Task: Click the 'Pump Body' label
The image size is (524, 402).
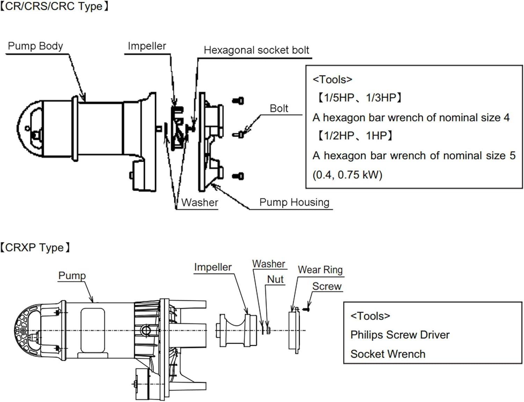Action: (x=35, y=46)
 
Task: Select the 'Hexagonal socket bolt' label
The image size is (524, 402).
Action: (x=256, y=50)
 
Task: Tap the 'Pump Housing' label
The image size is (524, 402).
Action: (x=294, y=202)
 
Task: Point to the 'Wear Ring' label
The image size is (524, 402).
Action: (x=320, y=270)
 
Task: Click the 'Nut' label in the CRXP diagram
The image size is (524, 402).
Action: (x=275, y=279)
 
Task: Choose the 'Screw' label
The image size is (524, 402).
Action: (x=327, y=286)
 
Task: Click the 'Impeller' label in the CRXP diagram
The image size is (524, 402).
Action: (x=213, y=267)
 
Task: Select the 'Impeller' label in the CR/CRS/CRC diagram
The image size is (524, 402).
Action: (x=147, y=46)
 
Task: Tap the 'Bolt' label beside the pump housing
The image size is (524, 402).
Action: (x=279, y=109)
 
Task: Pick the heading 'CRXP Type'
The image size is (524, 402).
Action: (x=35, y=248)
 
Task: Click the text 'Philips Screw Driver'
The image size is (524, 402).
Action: (x=400, y=335)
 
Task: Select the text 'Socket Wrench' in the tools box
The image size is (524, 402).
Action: (x=388, y=354)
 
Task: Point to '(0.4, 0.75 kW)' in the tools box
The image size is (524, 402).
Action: (x=347, y=175)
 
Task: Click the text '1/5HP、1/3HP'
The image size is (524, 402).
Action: (x=360, y=98)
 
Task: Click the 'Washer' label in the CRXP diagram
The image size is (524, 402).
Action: (x=269, y=264)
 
